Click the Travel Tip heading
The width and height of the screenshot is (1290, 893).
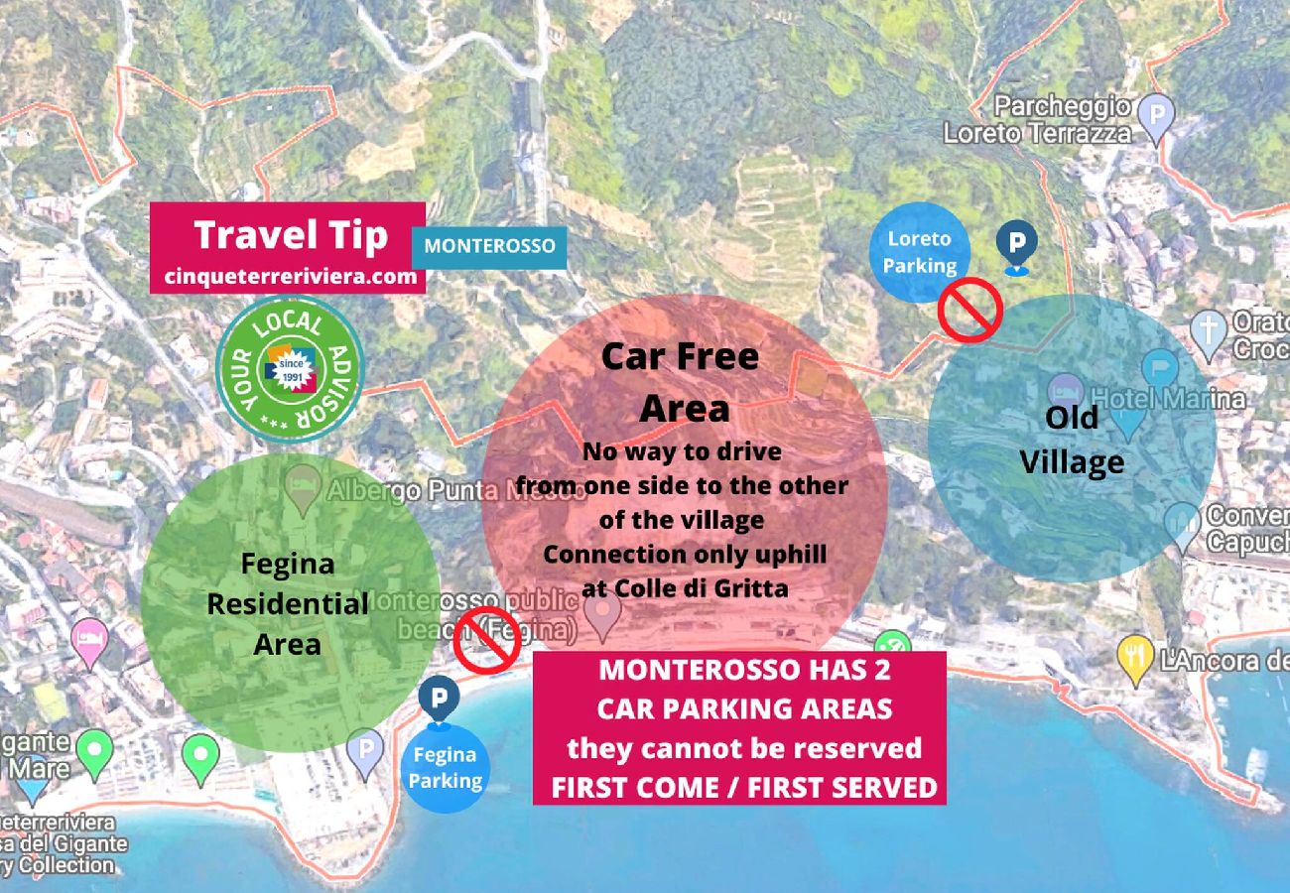click(290, 235)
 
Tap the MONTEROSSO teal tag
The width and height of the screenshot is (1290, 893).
click(489, 246)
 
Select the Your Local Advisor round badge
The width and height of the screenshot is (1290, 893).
click(290, 369)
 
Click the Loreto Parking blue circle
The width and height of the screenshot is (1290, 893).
click(920, 252)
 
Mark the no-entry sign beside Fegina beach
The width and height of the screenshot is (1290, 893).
click(487, 640)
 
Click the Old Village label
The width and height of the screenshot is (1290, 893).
click(1072, 440)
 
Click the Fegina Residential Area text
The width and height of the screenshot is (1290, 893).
click(288, 603)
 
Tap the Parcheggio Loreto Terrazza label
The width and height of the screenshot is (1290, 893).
click(1037, 119)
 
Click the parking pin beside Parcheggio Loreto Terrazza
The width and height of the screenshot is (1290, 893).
click(1156, 115)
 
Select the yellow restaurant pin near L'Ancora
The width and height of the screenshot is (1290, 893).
click(1134, 658)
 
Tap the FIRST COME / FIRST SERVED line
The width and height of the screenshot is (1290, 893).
click(744, 788)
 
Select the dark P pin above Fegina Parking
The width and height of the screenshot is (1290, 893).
click(437, 698)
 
